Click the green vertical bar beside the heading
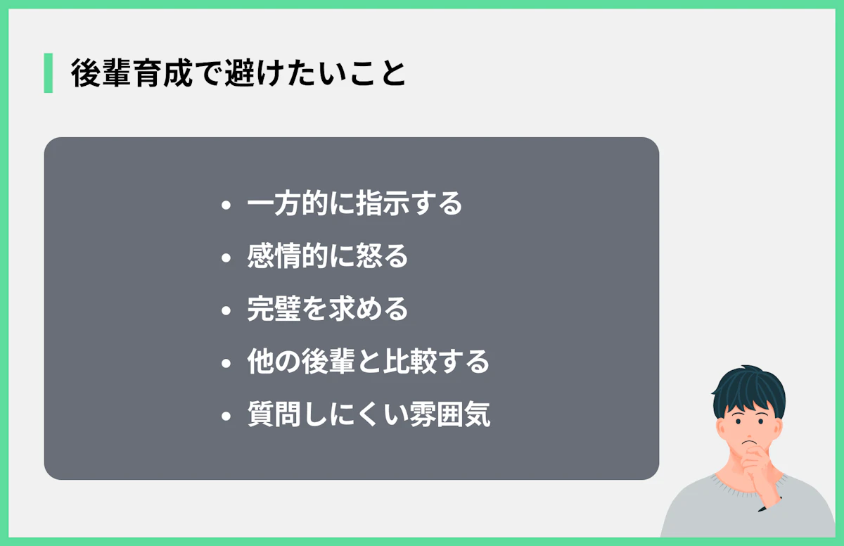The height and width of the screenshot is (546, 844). [48, 73]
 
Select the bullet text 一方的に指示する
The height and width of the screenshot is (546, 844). [354, 205]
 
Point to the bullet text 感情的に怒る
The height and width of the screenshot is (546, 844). [328, 257]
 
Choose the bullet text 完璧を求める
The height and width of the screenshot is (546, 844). [328, 310]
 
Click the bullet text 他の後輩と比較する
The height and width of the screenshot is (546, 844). [368, 362]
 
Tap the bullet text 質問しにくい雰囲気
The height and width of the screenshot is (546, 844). [369, 415]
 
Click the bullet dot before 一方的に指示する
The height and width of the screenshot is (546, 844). [226, 206]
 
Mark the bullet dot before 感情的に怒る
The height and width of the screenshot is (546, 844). [226, 258]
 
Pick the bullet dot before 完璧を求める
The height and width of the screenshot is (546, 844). [226, 311]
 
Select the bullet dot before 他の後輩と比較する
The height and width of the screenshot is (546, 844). [226, 364]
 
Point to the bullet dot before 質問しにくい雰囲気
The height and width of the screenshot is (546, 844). [226, 417]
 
